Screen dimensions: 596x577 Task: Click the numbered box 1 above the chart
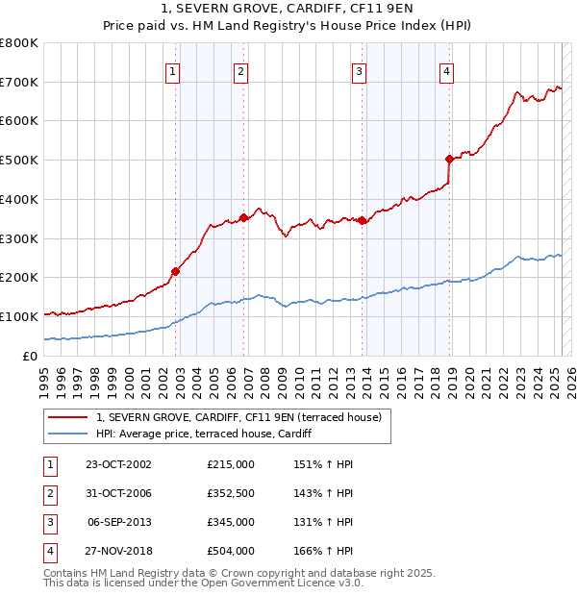point(172,70)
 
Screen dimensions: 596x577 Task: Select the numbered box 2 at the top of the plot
point(240,70)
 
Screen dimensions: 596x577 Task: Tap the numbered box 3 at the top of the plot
point(359,70)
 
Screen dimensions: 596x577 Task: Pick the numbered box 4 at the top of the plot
point(447,70)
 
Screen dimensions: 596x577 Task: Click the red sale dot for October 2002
point(176,271)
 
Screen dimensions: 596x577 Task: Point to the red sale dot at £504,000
point(449,159)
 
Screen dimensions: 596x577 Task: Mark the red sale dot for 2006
point(244,217)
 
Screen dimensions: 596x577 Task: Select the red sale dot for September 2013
point(363,220)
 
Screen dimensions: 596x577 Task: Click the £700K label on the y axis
point(19,83)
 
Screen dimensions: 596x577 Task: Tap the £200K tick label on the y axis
point(19,278)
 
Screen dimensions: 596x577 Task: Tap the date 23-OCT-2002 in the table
point(118,464)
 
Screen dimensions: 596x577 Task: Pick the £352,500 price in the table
point(230,493)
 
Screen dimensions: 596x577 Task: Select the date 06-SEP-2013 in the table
point(118,522)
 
